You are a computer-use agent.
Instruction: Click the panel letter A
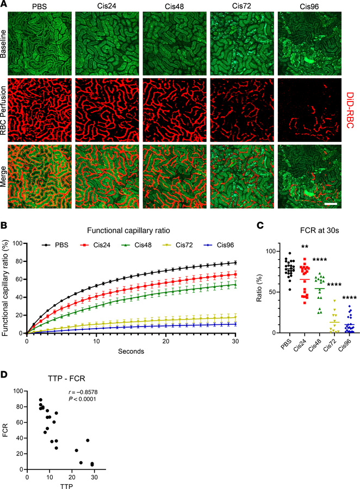pyautogui.click(x=4, y=4)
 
